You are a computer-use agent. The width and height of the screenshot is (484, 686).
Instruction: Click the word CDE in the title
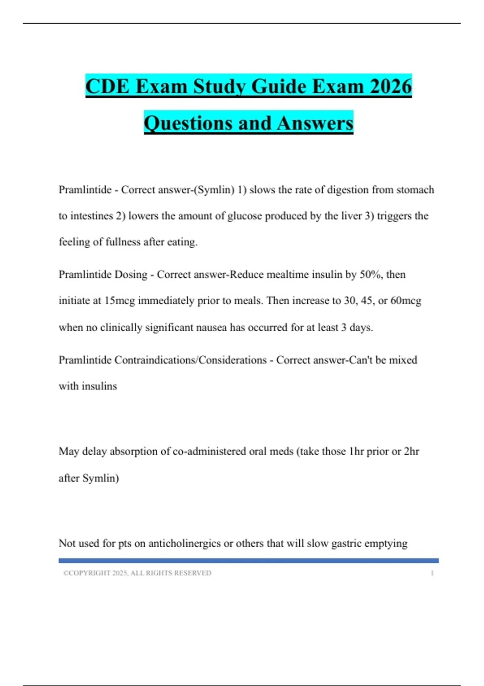point(108,87)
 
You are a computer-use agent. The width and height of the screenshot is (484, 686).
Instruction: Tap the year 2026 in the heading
point(390,87)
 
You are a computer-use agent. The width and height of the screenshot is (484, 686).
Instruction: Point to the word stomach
point(415,190)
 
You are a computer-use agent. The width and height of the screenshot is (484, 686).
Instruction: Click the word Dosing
point(131,274)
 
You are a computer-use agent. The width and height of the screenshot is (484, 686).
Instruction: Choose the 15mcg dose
point(119,301)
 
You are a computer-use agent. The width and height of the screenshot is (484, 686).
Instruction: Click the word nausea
point(211,327)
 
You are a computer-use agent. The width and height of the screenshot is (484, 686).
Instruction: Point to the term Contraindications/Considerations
point(190,360)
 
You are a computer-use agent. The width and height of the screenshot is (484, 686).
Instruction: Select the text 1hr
point(356,451)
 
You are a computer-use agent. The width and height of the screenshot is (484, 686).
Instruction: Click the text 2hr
point(411,451)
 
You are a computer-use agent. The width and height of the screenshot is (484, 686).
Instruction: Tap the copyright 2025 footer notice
point(137,573)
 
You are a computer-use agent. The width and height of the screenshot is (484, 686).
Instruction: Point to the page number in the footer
point(432,573)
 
